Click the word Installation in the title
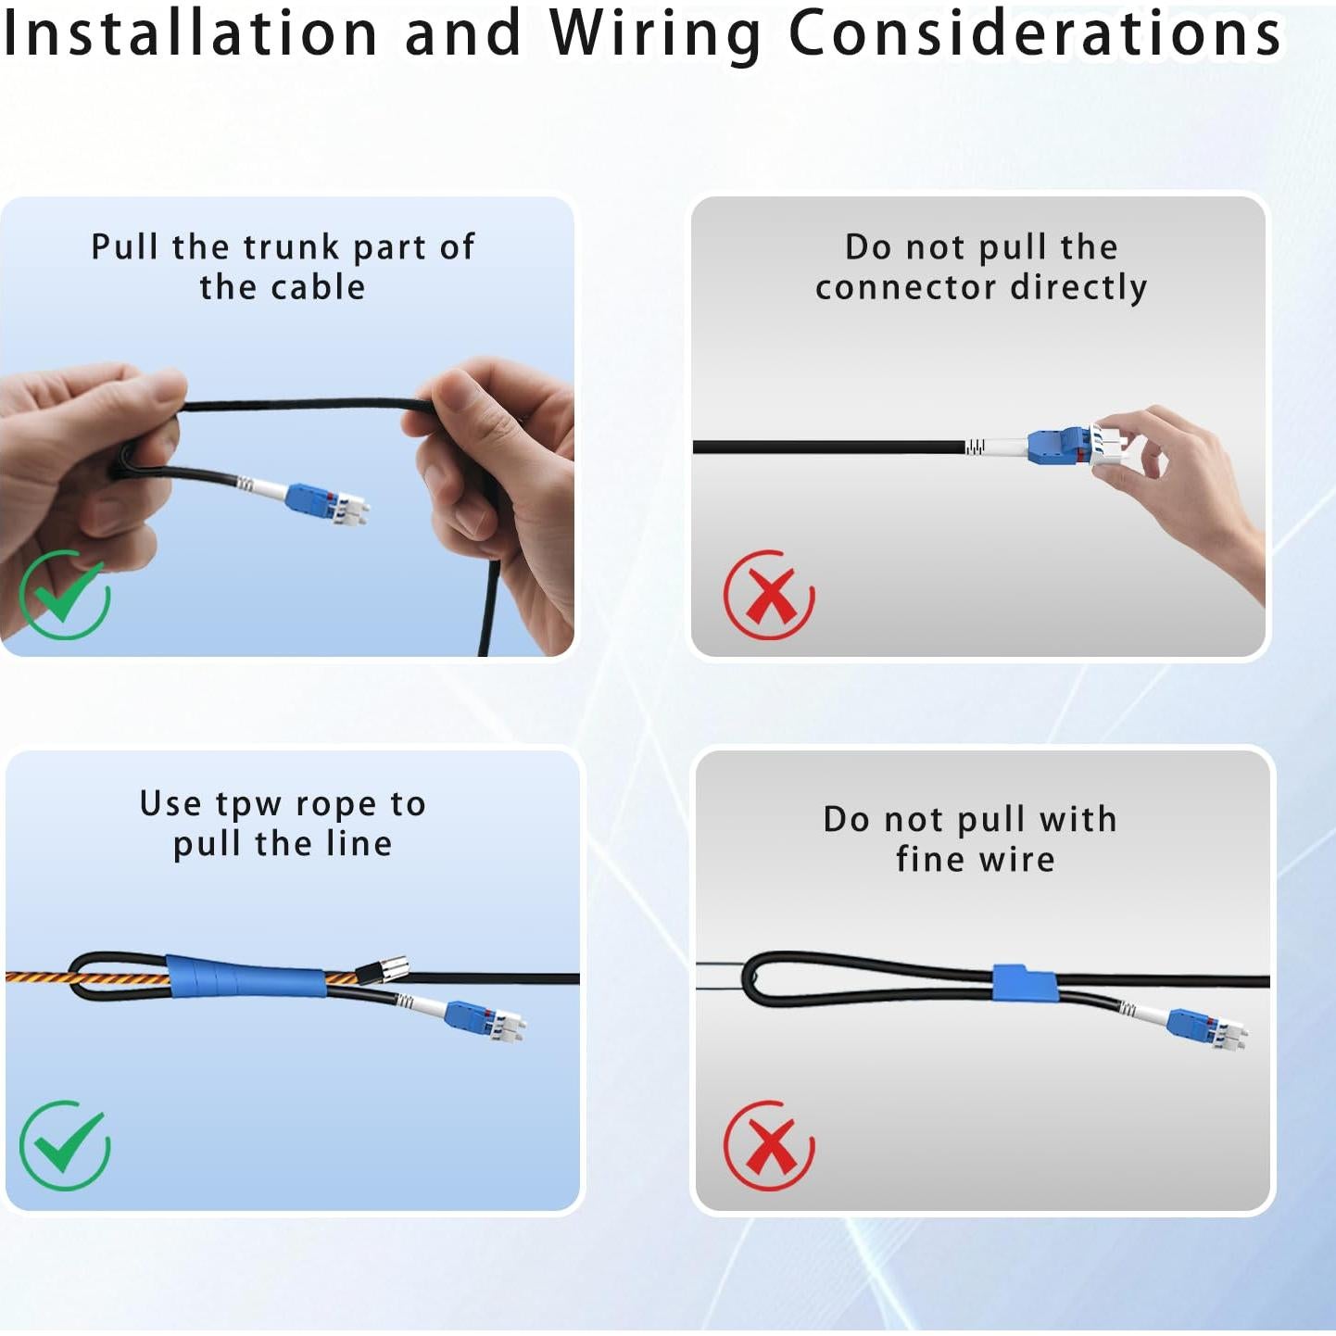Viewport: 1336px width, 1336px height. pyautogui.click(x=190, y=32)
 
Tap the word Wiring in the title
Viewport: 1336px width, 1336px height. pyautogui.click(x=654, y=34)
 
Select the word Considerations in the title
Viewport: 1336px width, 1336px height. pyautogui.click(x=1034, y=32)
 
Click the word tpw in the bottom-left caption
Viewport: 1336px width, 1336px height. pyautogui.click(x=247, y=805)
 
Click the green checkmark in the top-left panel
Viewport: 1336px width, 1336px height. pyautogui.click(x=64, y=595)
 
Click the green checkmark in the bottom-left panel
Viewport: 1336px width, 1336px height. pyautogui.click(x=64, y=1145)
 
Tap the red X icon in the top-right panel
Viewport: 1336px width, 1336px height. pyautogui.click(x=769, y=595)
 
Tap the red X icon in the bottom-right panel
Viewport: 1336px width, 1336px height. pyautogui.click(x=769, y=1145)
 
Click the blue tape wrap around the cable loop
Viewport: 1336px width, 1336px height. pyautogui.click(x=246, y=977)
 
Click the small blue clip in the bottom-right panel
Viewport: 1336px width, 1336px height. pyautogui.click(x=1024, y=983)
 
